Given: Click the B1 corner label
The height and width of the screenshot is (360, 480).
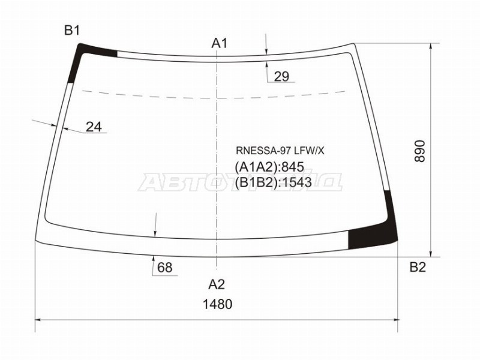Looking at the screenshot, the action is pos(72,31).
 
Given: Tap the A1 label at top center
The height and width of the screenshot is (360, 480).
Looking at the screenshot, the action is pos(219,43).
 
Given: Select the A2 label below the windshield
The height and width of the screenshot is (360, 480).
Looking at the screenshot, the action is pos(217,284).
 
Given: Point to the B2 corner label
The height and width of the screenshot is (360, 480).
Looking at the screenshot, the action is pos(418,268).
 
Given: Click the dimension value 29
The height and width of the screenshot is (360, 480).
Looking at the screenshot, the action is pos(281,76).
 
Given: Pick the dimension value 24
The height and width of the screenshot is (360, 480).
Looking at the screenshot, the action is pos(94,127).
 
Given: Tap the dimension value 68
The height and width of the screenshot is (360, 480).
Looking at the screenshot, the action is pos(165,268).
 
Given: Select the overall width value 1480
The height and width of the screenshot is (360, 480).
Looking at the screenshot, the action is pos(218,304).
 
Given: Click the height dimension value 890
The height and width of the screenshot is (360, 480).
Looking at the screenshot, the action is pos(420,151).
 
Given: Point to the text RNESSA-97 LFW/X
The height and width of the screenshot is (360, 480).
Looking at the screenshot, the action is pos(280,151).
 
